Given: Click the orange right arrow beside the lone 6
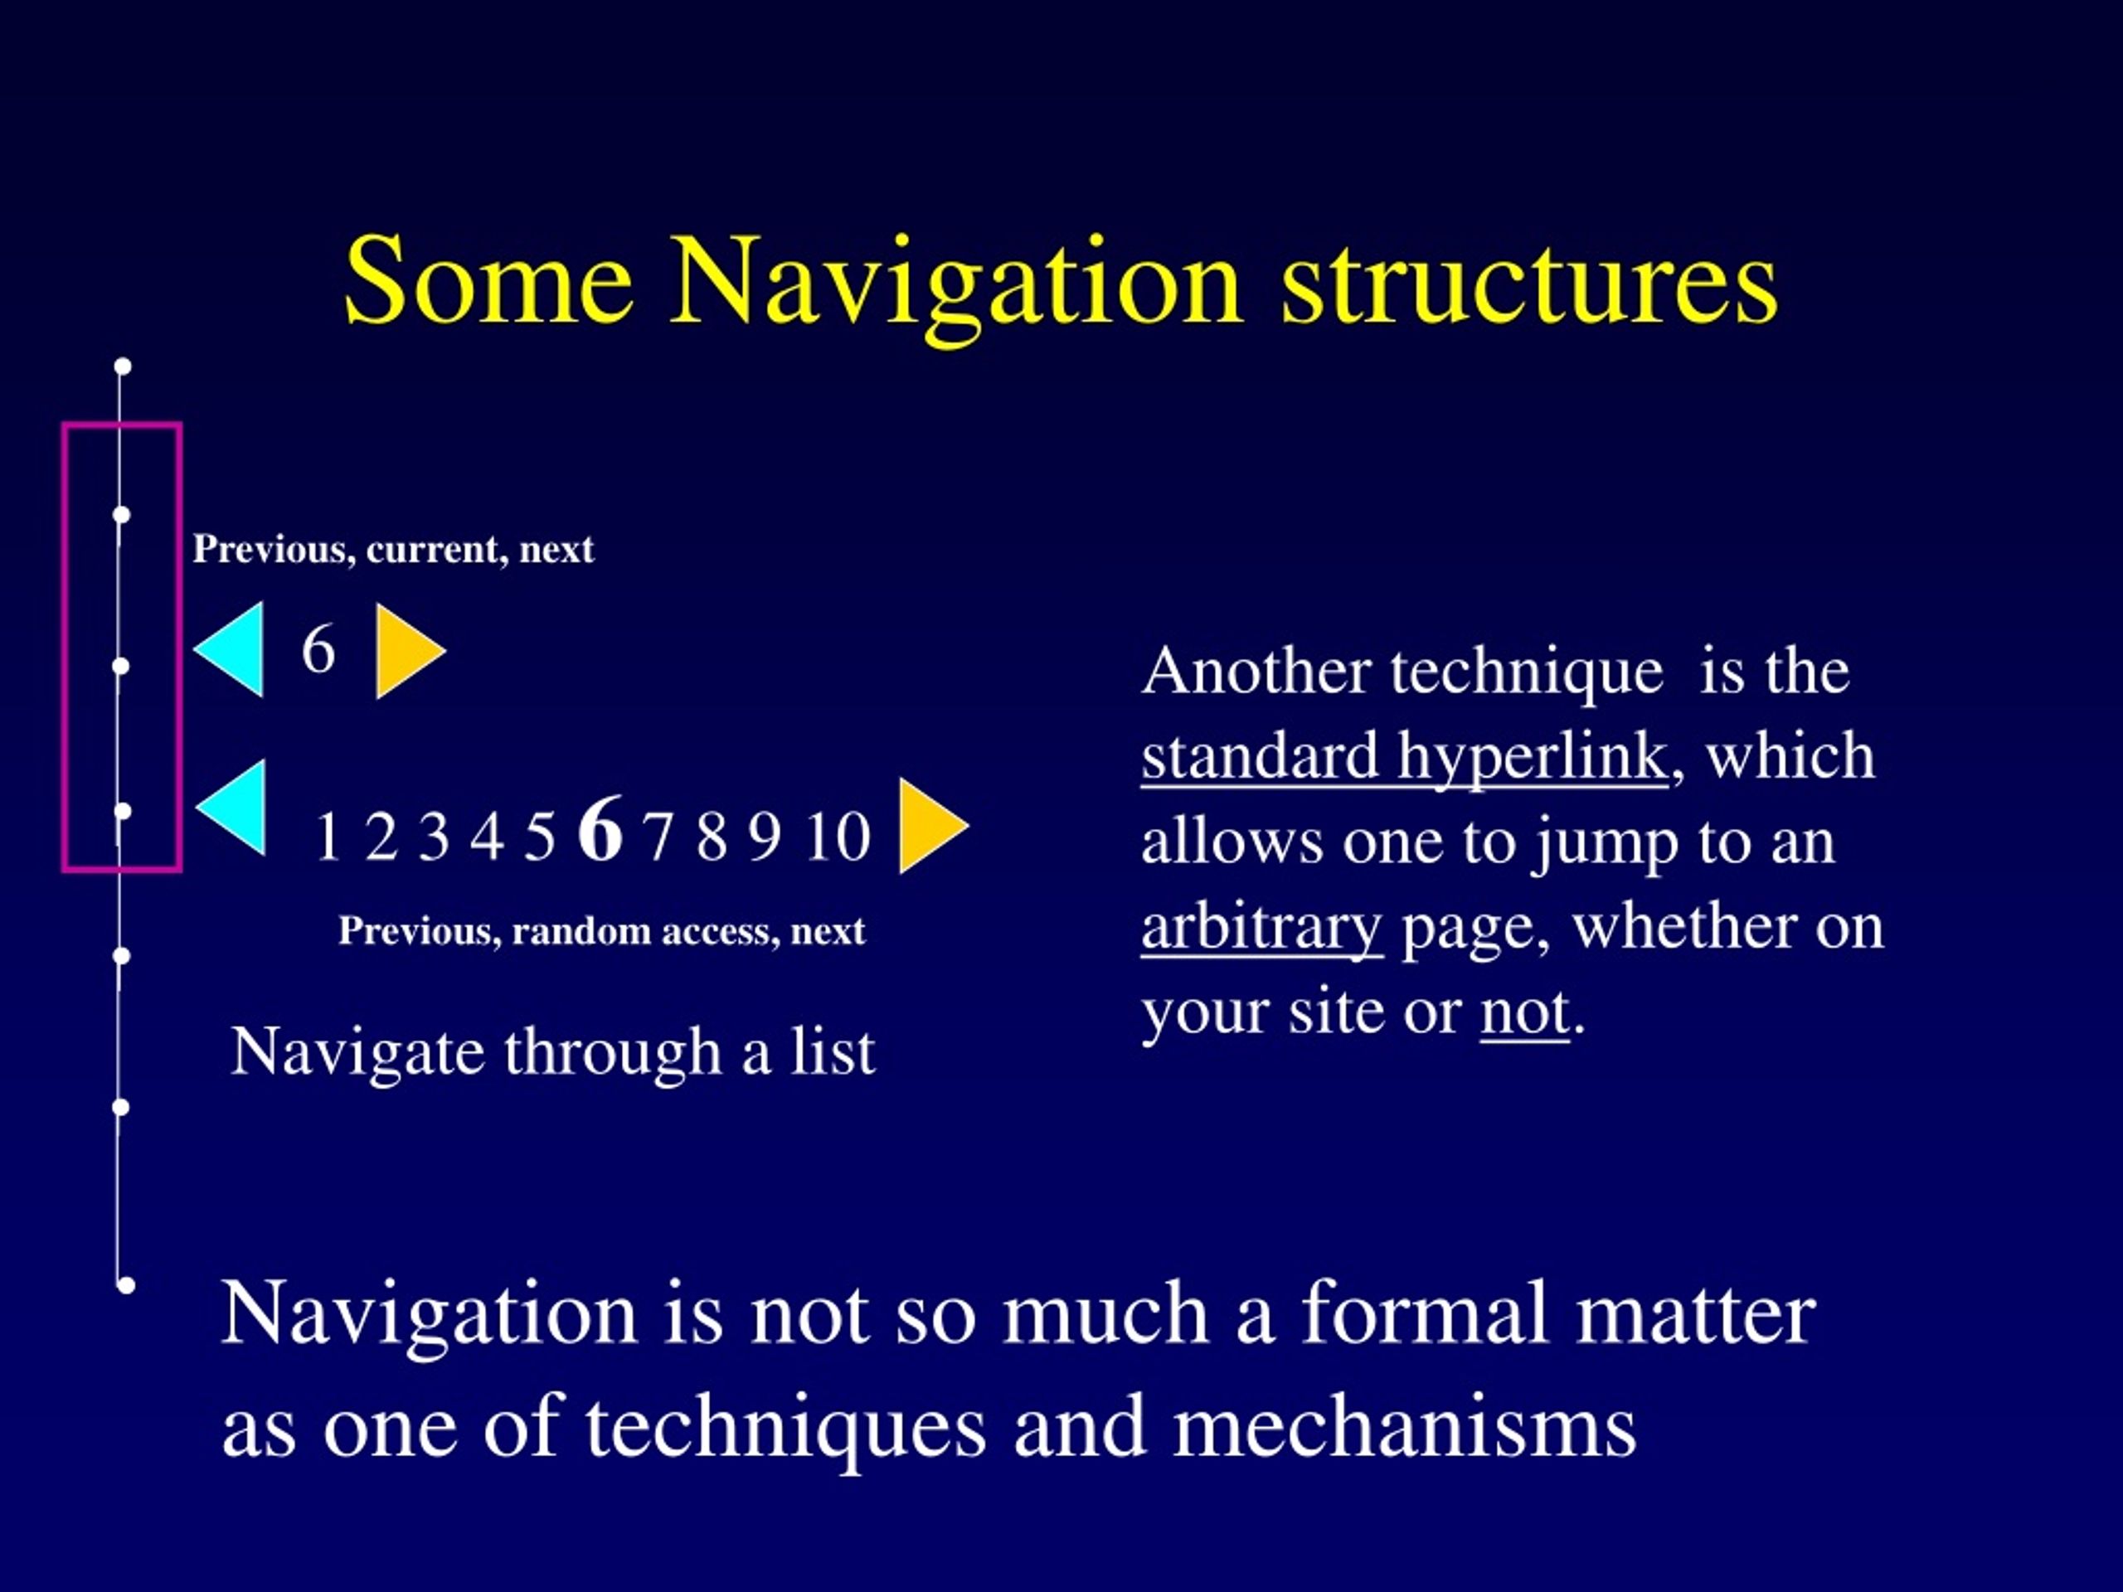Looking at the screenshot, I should click(x=407, y=651).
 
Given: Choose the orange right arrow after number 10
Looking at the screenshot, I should click(x=929, y=825).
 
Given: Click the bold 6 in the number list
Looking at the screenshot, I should click(x=600, y=829).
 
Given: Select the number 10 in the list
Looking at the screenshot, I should click(x=837, y=837).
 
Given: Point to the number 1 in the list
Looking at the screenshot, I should click(x=328, y=837).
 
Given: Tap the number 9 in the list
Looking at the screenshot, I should click(x=764, y=837).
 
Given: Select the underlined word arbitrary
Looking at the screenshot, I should click(x=1261, y=927).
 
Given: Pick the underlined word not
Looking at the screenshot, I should click(x=1524, y=1012).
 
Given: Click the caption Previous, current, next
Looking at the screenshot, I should click(x=394, y=550).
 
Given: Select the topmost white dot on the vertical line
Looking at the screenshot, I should click(x=123, y=366).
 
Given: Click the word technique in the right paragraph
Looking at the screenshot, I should click(x=1526, y=672).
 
